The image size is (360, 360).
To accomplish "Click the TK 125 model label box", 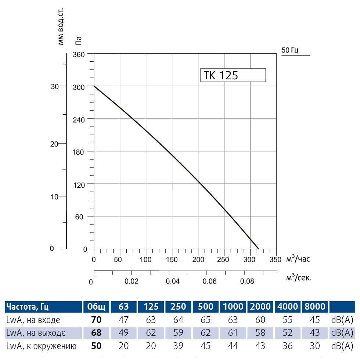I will pyautogui.click(x=233, y=75).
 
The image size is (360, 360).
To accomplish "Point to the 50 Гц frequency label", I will pyautogui.click(x=290, y=50).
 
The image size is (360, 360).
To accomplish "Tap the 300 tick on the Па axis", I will pyautogui.click(x=80, y=87).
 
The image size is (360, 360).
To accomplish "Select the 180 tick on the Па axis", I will pyautogui.click(x=80, y=152).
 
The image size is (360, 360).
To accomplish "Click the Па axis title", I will pyautogui.click(x=78, y=40).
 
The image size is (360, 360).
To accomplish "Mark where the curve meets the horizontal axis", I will pyautogui.click(x=259, y=249).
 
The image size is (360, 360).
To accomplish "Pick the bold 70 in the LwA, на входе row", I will pyautogui.click(x=96, y=320).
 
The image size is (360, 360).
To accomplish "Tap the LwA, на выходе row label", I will pyautogui.click(x=36, y=333).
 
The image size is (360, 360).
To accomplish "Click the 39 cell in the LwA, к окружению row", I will pyautogui.click(x=179, y=346).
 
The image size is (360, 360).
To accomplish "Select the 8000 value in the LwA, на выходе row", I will pyautogui.click(x=315, y=333).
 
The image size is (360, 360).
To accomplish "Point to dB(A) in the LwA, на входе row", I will pyautogui.click(x=342, y=320).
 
